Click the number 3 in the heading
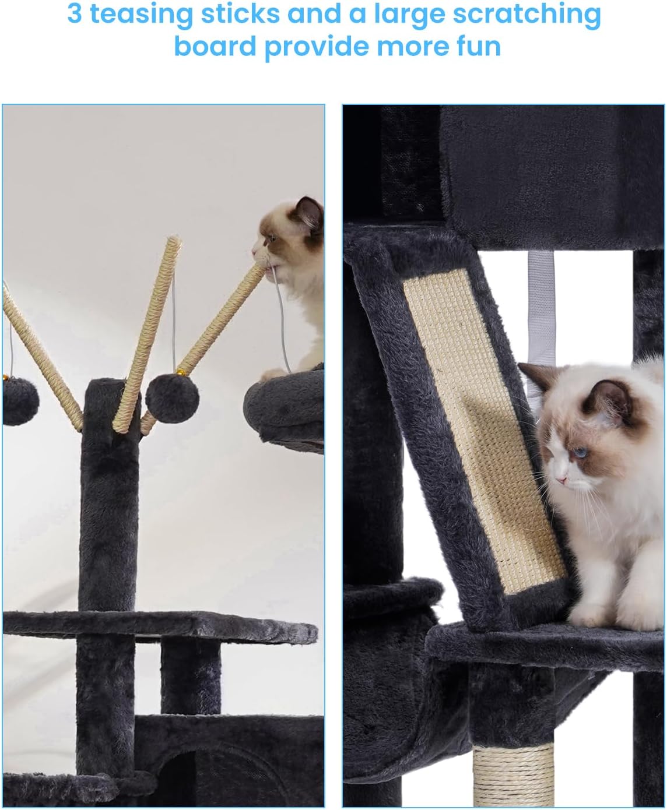(75, 15)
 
